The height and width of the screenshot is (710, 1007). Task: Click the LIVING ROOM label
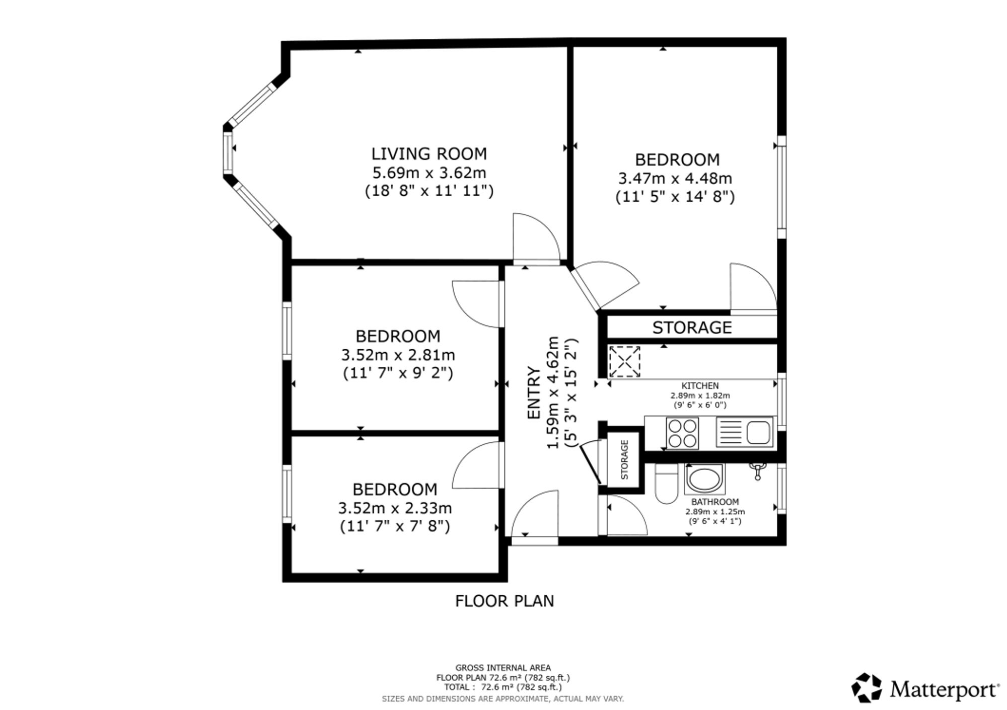[429, 153]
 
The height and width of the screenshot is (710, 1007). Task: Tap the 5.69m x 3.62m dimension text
[429, 173]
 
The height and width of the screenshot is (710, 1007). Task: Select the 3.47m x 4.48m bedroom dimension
[675, 178]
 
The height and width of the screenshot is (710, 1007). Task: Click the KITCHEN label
[700, 386]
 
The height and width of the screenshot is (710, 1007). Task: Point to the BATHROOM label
[715, 502]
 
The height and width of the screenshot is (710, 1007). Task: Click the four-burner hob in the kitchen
[682, 433]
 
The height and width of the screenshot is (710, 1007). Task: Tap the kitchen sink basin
[758, 432]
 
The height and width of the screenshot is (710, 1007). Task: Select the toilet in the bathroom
[667, 483]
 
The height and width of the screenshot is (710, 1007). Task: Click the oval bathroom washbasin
[704, 479]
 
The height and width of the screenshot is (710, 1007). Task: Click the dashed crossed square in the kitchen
[624, 361]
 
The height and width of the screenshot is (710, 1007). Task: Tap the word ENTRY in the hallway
[534, 393]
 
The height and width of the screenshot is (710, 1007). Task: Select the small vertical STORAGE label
[625, 459]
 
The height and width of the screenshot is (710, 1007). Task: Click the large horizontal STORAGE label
[692, 328]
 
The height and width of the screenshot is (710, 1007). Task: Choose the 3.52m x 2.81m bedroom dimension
[398, 355]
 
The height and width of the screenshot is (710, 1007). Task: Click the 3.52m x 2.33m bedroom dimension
[395, 508]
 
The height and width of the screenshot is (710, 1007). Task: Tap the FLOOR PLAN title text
[505, 601]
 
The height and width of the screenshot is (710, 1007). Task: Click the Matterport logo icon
[867, 687]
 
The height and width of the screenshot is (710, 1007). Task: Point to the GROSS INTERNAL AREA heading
[503, 668]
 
